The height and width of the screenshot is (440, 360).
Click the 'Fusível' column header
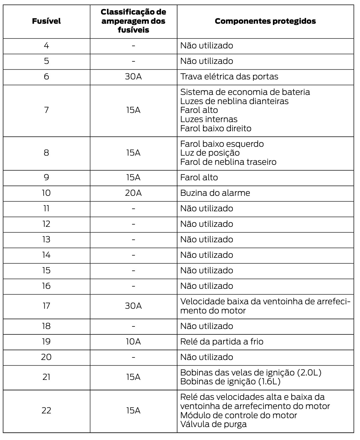click(x=46, y=21)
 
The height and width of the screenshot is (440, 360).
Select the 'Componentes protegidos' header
click(x=265, y=21)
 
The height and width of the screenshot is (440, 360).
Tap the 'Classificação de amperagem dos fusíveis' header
click(x=133, y=21)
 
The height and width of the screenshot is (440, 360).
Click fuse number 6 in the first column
click(x=46, y=77)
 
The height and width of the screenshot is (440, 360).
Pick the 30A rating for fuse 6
click(x=133, y=77)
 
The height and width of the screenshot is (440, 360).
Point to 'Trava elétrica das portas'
click(x=229, y=77)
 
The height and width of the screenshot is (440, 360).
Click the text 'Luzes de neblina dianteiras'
click(x=234, y=101)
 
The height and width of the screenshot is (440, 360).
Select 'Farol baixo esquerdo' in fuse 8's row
click(x=222, y=144)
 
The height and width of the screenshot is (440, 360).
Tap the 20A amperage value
click(x=133, y=193)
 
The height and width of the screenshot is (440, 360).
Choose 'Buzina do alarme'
click(x=215, y=193)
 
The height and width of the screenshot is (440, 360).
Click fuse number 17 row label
click(x=46, y=306)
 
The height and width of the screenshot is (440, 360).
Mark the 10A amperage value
click(x=133, y=342)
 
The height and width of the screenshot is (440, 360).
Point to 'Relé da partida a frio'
click(x=222, y=342)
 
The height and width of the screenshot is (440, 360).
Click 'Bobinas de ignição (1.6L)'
click(x=230, y=381)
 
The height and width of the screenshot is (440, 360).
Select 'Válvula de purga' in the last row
click(x=213, y=424)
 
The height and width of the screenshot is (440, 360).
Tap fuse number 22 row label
click(x=46, y=411)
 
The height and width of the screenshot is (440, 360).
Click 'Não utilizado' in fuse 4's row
click(x=206, y=46)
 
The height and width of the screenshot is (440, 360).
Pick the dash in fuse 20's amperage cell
click(x=133, y=357)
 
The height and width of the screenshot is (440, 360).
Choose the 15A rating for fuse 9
click(x=133, y=177)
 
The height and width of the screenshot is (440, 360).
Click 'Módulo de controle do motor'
click(x=238, y=415)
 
